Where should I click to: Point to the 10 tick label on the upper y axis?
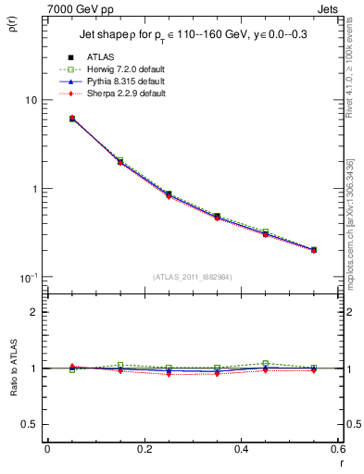click(29, 100)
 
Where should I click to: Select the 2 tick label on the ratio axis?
click(32, 312)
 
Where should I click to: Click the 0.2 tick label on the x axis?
click(144, 449)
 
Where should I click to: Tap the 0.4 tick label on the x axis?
click(241, 449)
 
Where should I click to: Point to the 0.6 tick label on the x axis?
click(336, 449)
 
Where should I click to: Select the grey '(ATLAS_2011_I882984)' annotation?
click(192, 277)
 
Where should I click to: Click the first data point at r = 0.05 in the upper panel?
click(72, 118)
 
